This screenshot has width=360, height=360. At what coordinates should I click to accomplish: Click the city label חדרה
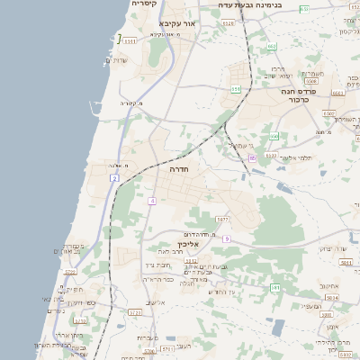[176, 168]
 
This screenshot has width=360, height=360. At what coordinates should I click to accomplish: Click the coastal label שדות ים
[117, 60]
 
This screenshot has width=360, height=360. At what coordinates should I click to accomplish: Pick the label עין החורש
[220, 291]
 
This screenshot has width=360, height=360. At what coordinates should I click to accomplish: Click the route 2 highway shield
[115, 179]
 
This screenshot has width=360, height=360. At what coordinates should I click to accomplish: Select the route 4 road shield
[153, 200]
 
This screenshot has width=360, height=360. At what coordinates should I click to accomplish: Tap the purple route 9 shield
[228, 238]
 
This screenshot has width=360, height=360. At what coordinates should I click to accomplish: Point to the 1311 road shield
[130, 40]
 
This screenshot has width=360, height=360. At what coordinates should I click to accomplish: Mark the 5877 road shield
[222, 219]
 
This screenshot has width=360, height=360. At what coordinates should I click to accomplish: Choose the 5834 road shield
[332, 297]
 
